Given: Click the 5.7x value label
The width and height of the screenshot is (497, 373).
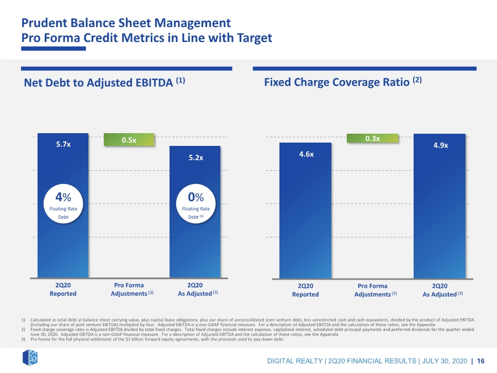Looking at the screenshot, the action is (64, 144).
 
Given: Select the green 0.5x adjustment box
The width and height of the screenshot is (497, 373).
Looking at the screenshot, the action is (129, 140).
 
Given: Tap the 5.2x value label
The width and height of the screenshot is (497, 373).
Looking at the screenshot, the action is (196, 157).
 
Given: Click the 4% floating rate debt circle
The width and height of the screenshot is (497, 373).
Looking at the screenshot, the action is (63, 204).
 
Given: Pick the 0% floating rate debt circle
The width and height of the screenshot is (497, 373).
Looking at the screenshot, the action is (195, 204).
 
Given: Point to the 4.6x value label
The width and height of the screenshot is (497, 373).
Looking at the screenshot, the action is (306, 154).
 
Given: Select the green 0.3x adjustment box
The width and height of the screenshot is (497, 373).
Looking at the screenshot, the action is (372, 138).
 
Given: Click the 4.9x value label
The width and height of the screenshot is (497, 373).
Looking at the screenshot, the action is (441, 145).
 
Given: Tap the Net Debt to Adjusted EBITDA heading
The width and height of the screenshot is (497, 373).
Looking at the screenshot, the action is (104, 82).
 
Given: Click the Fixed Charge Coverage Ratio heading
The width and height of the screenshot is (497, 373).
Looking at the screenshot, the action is (343, 82).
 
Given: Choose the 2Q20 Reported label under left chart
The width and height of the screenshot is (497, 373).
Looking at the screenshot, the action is (63, 289).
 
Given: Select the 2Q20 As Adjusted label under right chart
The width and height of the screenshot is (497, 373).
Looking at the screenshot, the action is (442, 290).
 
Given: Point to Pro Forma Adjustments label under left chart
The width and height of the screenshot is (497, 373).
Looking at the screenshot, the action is (132, 289).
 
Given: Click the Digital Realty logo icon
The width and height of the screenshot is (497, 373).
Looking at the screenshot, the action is (30, 358).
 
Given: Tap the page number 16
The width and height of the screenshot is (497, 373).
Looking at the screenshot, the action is (480, 361).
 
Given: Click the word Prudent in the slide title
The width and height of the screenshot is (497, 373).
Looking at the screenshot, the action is (44, 23).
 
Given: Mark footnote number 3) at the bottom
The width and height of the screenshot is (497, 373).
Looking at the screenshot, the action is (23, 339).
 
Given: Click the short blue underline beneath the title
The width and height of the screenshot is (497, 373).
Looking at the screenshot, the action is (54, 49).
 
